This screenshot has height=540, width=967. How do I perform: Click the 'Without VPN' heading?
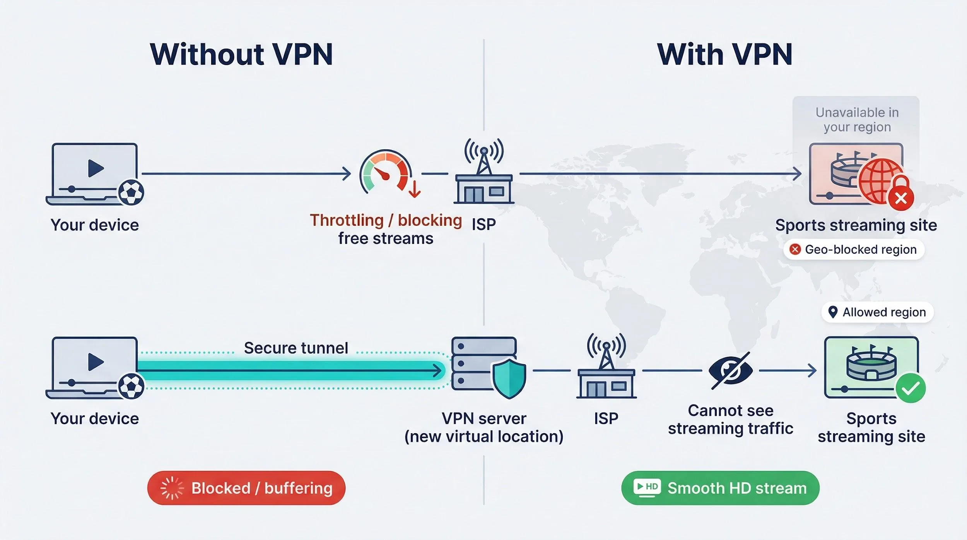241,55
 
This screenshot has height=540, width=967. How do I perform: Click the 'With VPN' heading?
724,55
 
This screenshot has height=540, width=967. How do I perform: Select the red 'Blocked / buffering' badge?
246,488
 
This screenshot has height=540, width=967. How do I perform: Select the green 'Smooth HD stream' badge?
720,488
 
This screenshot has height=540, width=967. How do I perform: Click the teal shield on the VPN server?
509,378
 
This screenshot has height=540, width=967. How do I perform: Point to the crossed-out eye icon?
730,370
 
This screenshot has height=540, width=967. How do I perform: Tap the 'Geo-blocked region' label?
854,249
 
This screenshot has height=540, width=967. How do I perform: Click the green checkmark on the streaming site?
911,388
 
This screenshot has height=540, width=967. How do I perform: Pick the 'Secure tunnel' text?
296,348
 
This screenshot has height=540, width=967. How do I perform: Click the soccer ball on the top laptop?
131,192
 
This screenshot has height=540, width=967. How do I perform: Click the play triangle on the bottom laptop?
96,362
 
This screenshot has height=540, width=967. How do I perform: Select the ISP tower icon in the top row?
484,172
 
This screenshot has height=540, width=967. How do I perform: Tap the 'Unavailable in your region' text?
857,120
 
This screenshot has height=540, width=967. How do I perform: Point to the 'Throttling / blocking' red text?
386,220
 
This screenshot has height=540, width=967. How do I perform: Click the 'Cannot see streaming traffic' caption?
730,420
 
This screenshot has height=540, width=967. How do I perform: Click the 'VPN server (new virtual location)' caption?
484,427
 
